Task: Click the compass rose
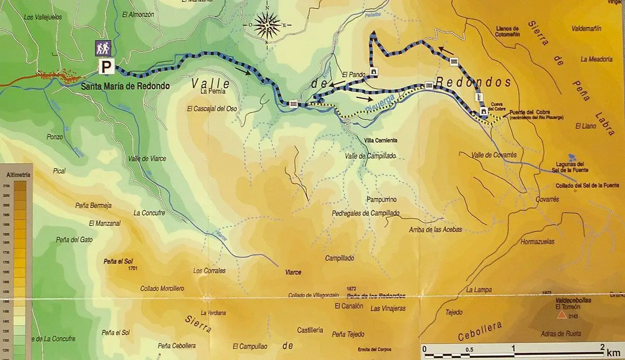tap(267, 24)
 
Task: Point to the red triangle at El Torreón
tap(561, 315)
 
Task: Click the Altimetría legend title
tap(16, 175)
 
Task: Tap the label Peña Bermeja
tap(94, 205)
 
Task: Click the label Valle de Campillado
tap(371, 156)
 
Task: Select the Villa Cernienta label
tap(381, 141)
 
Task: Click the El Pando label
tap(353, 75)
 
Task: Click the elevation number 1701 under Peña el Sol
tap(132, 269)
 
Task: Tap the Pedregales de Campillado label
tap(366, 213)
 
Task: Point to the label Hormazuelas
tap(537, 242)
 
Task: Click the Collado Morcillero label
tap(162, 288)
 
